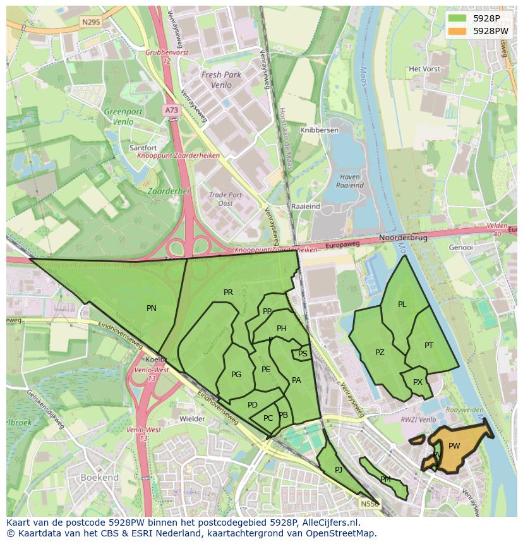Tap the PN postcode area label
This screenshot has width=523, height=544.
(x=152, y=308)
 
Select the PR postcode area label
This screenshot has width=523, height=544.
(x=228, y=293)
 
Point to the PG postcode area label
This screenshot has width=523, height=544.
(x=236, y=375)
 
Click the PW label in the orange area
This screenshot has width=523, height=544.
(x=454, y=446)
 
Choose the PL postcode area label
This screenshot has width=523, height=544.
(x=402, y=305)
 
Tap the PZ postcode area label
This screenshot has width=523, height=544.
(x=380, y=353)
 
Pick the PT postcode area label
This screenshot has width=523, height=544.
(x=429, y=346)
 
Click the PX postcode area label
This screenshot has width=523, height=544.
(x=418, y=382)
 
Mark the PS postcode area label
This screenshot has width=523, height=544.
(x=303, y=354)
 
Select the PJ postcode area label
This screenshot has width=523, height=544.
(x=339, y=469)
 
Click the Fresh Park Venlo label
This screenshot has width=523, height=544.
(x=221, y=80)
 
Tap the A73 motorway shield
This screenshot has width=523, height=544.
(x=171, y=110)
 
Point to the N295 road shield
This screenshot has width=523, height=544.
(x=90, y=21)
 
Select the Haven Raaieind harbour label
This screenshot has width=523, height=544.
(x=349, y=181)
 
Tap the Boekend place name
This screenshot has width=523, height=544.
(x=100, y=478)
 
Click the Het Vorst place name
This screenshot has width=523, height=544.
(x=424, y=69)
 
